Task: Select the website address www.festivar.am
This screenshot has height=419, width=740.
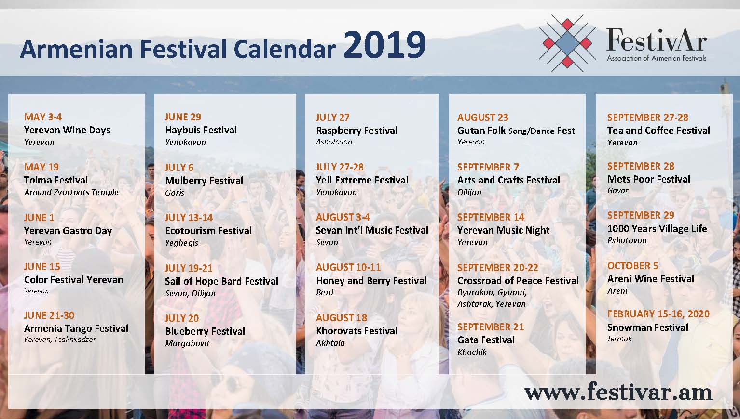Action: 618,392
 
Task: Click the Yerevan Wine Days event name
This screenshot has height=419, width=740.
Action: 67,130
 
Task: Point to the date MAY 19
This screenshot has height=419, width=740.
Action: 41,167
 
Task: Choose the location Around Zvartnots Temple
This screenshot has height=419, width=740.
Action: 71,192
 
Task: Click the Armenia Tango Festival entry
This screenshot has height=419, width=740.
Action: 76,328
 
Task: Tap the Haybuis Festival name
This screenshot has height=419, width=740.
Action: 201,130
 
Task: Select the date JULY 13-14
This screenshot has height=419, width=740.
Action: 189,218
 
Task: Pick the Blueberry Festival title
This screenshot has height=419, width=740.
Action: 205,331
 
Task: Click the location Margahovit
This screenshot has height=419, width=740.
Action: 187,344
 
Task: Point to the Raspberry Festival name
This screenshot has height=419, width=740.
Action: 356,131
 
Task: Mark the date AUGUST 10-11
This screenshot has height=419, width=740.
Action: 348,267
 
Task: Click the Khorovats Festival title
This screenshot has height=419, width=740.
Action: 357,331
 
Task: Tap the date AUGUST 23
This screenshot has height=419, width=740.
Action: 483,118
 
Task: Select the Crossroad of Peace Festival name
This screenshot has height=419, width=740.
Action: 518,281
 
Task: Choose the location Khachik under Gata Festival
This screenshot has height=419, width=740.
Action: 472,352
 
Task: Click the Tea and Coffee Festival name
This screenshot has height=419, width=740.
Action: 658,131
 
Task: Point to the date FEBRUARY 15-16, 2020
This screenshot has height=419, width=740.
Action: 658,314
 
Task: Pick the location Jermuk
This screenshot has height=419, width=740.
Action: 619,339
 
